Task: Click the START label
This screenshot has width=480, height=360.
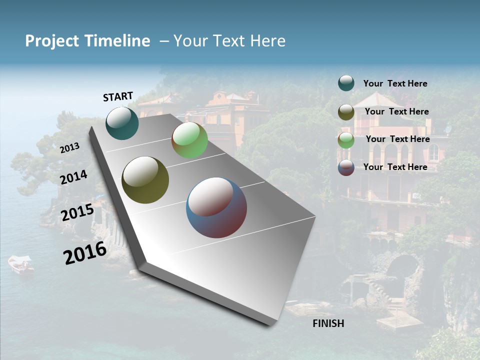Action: coord(118,96)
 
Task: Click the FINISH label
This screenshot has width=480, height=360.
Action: coord(328,323)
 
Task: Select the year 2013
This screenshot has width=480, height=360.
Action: coord(70,148)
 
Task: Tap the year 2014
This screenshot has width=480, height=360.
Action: coord(74,177)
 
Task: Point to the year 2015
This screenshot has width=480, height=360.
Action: coord(77,212)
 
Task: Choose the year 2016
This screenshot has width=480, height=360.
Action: coord(85,253)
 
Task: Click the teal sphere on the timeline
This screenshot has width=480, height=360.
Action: coord(122,123)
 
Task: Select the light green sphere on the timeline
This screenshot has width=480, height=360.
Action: coord(189,140)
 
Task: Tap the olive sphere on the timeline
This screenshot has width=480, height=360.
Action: coord(145,180)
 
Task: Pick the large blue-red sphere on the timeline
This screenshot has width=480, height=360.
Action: coord(216,207)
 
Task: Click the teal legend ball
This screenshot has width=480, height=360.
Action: coord(346,83)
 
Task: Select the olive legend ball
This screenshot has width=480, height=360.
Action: coord(346,112)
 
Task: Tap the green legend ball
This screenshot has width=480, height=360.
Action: coord(346,140)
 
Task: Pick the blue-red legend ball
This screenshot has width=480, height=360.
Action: coord(346,167)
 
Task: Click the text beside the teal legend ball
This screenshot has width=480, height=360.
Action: coord(395,84)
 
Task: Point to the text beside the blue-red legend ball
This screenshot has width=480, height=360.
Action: coord(395,167)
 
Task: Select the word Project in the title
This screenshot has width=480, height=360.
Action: coord(51,41)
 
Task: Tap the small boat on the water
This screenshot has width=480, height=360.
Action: coord(21,264)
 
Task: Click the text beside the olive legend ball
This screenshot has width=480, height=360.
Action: coord(396,111)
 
